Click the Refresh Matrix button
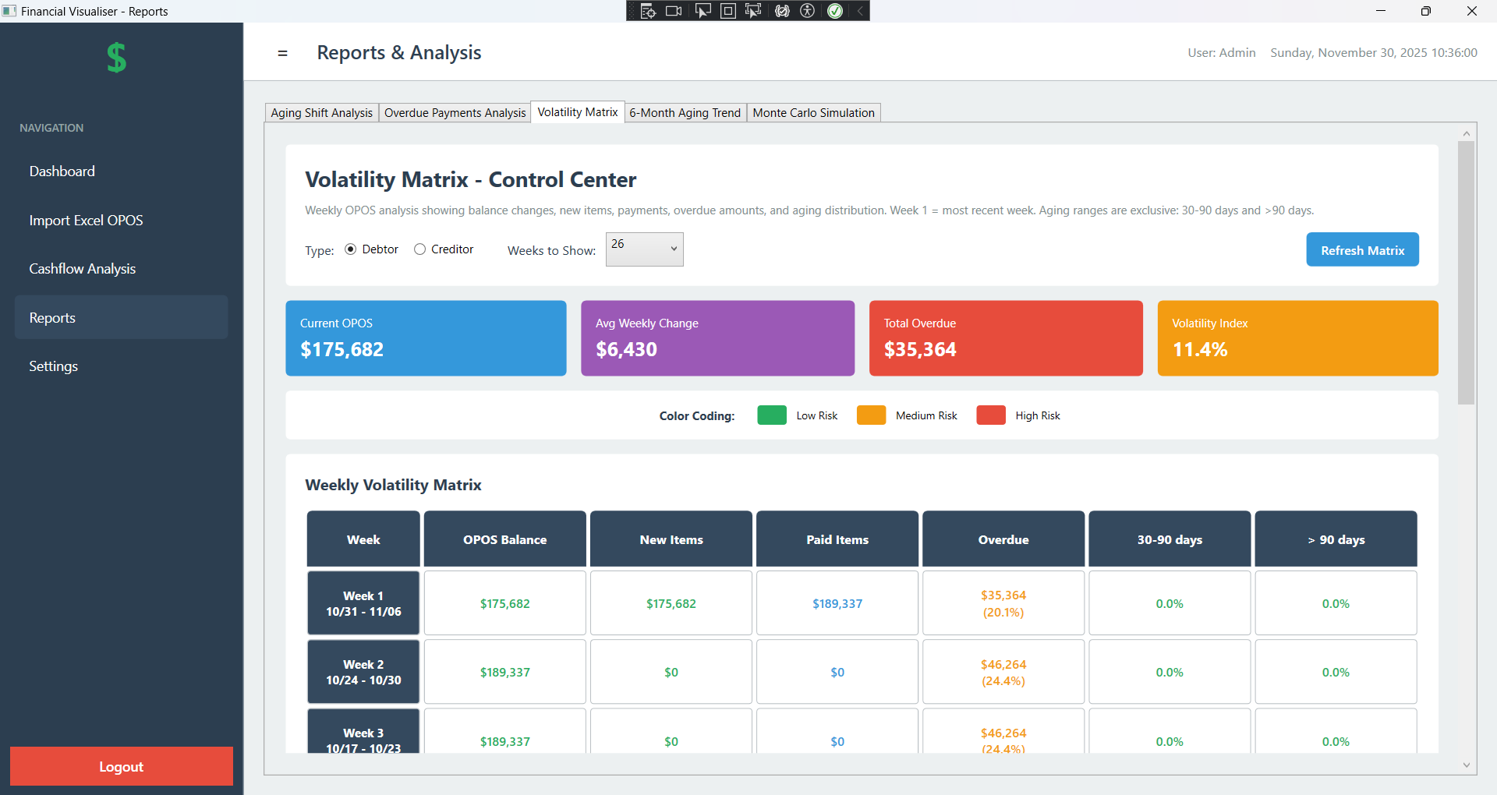(x=1362, y=250)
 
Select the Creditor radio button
(x=420, y=249)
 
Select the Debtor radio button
(x=351, y=249)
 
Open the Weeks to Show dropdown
(x=644, y=249)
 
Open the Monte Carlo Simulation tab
(x=813, y=113)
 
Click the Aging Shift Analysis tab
(x=321, y=113)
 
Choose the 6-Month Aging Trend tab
(x=685, y=113)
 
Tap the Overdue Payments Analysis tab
(x=455, y=113)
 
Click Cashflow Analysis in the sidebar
(x=83, y=269)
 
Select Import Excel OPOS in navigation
(x=86, y=221)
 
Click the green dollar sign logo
(x=117, y=58)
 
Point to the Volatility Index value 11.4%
(x=1199, y=350)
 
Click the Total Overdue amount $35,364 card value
(x=920, y=350)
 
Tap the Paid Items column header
(x=837, y=539)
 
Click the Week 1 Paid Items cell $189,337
(x=837, y=604)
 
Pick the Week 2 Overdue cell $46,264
(x=1003, y=672)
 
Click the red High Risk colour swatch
(x=991, y=415)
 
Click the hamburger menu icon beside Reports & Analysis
(x=282, y=54)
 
